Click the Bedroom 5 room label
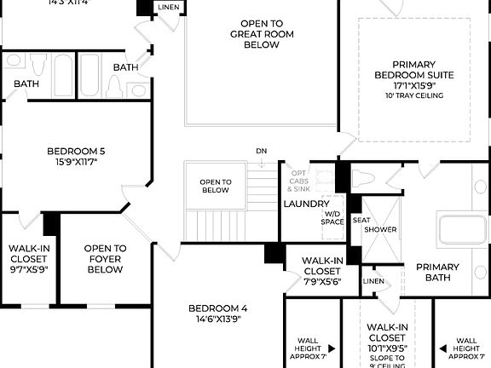pyautogui.click(x=77, y=152)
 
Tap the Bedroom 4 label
pyautogui.click(x=217, y=308)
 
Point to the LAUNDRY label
pyautogui.click(x=305, y=204)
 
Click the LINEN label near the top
pyautogui.click(x=168, y=8)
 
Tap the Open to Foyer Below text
pyautogui.click(x=105, y=259)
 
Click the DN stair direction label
pyautogui.click(x=261, y=152)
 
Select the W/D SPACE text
pyautogui.click(x=332, y=218)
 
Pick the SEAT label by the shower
pyautogui.click(x=361, y=220)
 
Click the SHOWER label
pyautogui.click(x=380, y=230)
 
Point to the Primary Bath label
pyautogui.click(x=437, y=273)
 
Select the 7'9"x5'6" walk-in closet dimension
pyautogui.click(x=321, y=281)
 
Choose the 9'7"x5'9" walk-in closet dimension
pyautogui.click(x=28, y=269)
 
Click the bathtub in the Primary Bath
pyautogui.click(x=460, y=230)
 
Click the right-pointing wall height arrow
pyautogui.click(x=331, y=348)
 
